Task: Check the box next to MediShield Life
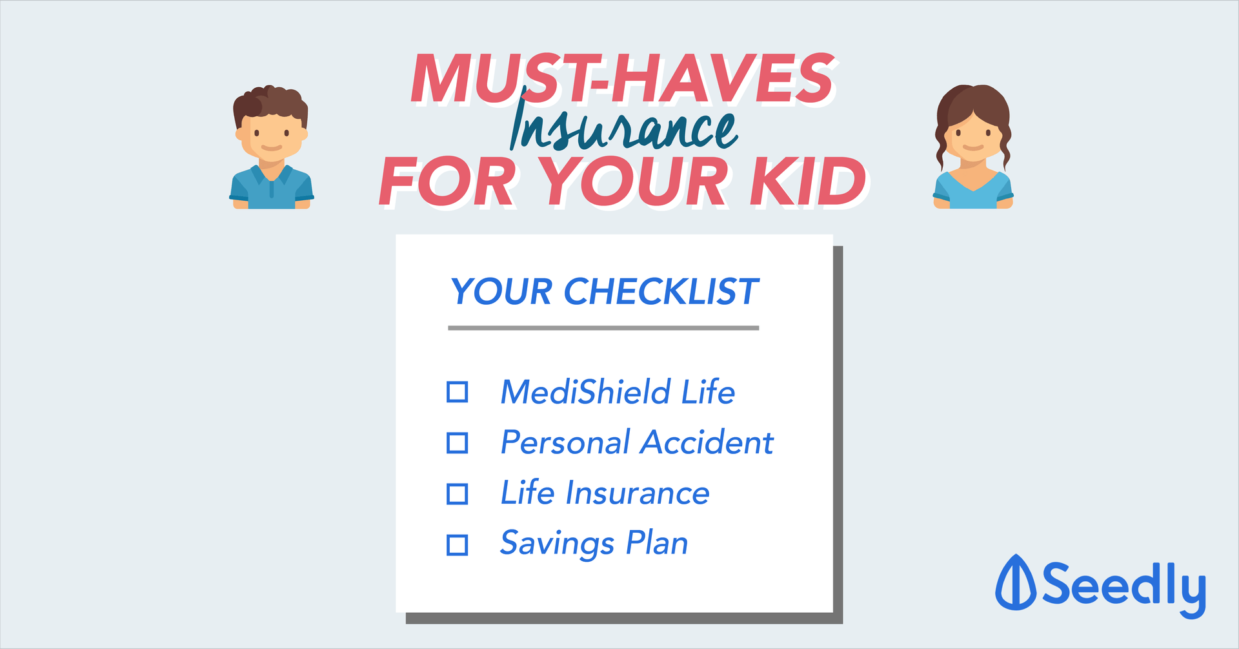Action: click(458, 392)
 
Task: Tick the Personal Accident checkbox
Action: click(458, 443)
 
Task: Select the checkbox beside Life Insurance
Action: click(458, 494)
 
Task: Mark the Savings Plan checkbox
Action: click(458, 545)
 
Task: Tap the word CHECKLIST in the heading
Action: click(661, 292)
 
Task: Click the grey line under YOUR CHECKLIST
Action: click(603, 328)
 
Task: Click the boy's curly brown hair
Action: click(270, 103)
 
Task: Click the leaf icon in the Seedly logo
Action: click(1016, 582)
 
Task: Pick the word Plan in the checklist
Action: click(657, 543)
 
